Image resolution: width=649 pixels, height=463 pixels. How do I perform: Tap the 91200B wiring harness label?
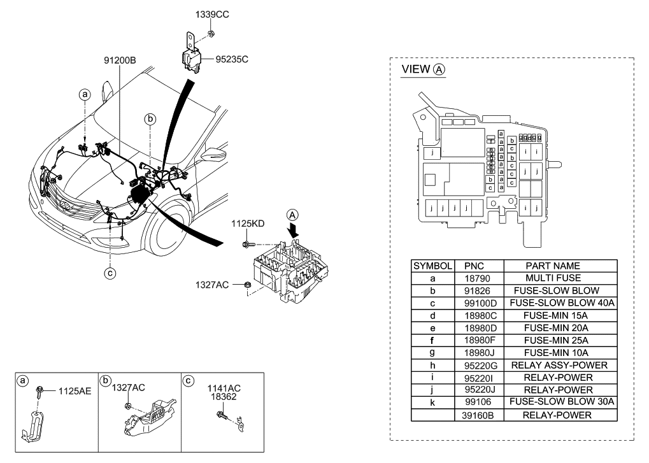pyautogui.click(x=120, y=61)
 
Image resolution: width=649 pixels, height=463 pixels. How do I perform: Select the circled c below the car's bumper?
pyautogui.click(x=110, y=273)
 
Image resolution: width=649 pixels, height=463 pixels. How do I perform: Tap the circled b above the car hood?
pyautogui.click(x=150, y=118)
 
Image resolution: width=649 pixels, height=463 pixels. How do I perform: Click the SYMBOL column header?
pyautogui.click(x=433, y=266)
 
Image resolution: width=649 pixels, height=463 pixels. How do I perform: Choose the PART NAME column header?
pyautogui.click(x=560, y=266)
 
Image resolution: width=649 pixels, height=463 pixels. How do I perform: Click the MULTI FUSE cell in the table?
pyautogui.click(x=560, y=278)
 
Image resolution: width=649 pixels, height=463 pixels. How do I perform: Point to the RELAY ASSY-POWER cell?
pyautogui.click(x=560, y=365)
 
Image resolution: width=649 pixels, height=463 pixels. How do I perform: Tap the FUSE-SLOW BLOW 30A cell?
pyautogui.click(x=560, y=402)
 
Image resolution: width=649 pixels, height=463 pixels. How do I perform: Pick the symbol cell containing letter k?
pyautogui.click(x=433, y=402)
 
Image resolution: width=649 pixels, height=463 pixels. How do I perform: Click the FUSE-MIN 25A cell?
pyautogui.click(x=560, y=340)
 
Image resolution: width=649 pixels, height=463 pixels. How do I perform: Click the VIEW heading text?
pyautogui.click(x=416, y=69)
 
